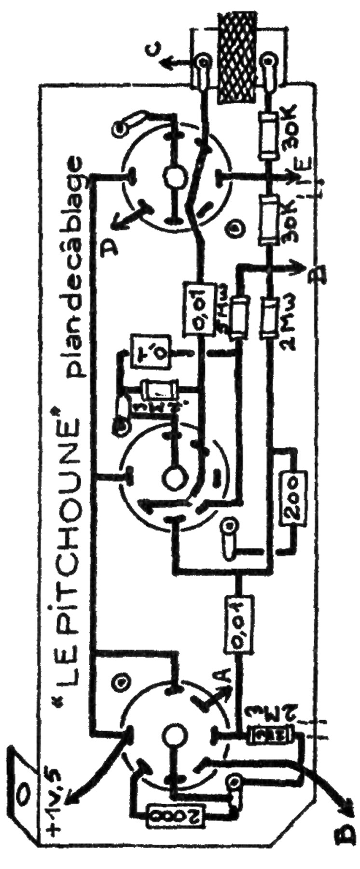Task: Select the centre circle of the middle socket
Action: [x=171, y=475]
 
